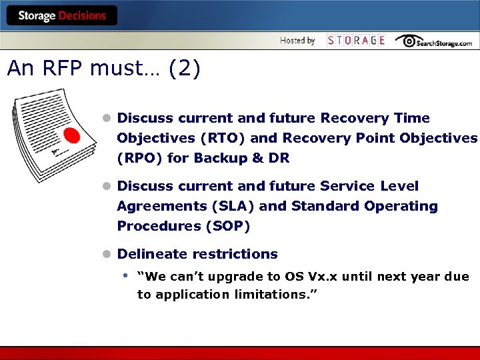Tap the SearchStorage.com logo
tap(433, 41)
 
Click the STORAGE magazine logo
tap(356, 41)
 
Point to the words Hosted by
tap(297, 41)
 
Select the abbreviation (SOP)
tap(226, 226)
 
